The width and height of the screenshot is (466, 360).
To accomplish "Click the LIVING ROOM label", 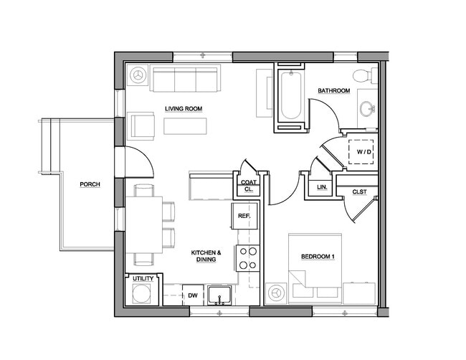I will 184,109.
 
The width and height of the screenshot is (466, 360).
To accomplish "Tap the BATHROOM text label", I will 334,91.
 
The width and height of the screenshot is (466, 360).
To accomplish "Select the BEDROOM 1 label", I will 318,257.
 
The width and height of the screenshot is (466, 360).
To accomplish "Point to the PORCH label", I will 90,185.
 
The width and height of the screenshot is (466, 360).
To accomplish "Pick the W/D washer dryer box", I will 363,152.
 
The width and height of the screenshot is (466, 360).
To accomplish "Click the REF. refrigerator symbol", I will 243,215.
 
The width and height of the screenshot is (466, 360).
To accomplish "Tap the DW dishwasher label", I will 193,295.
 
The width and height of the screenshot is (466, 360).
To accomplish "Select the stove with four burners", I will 248,258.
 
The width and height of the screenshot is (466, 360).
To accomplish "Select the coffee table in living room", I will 184,126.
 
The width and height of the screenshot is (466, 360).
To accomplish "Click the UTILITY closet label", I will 142,278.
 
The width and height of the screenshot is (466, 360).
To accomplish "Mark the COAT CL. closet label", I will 248,186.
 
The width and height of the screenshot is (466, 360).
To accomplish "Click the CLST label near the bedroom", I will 360,191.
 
